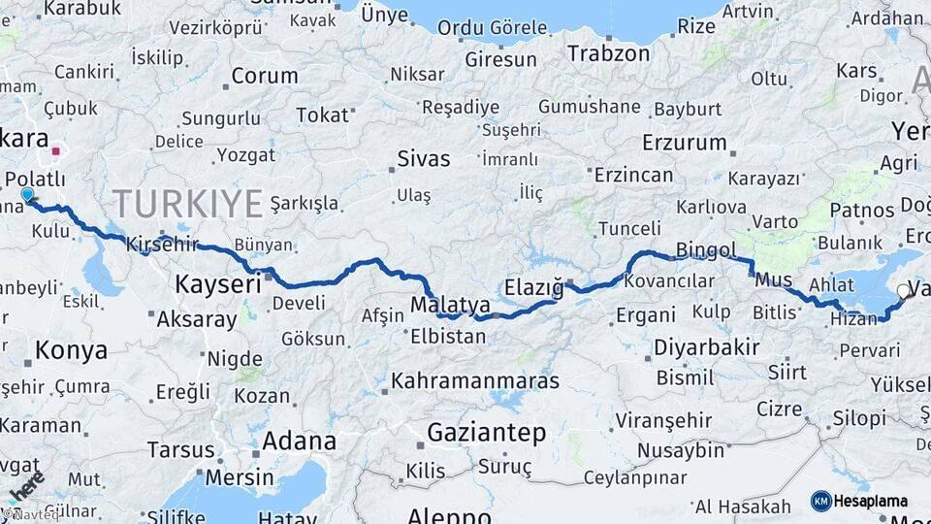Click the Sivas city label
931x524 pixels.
click(x=424, y=158)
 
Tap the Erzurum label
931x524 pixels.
click(x=684, y=143)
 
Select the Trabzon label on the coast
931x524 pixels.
click(x=608, y=53)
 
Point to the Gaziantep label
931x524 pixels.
click(x=487, y=432)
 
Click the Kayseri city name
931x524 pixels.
click(x=218, y=284)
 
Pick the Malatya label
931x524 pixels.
click(x=450, y=306)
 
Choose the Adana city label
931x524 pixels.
click(x=298, y=442)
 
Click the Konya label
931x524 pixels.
click(x=71, y=350)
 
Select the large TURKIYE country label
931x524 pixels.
click(x=188, y=205)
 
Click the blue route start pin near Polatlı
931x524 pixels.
click(x=27, y=195)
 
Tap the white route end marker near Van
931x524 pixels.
click(x=904, y=291)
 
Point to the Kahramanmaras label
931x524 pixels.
click(x=475, y=380)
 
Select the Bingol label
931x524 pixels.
click(x=706, y=250)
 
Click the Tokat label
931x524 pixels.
click(x=322, y=115)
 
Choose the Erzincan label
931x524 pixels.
click(x=633, y=175)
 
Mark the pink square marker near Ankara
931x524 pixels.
click(x=56, y=151)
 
